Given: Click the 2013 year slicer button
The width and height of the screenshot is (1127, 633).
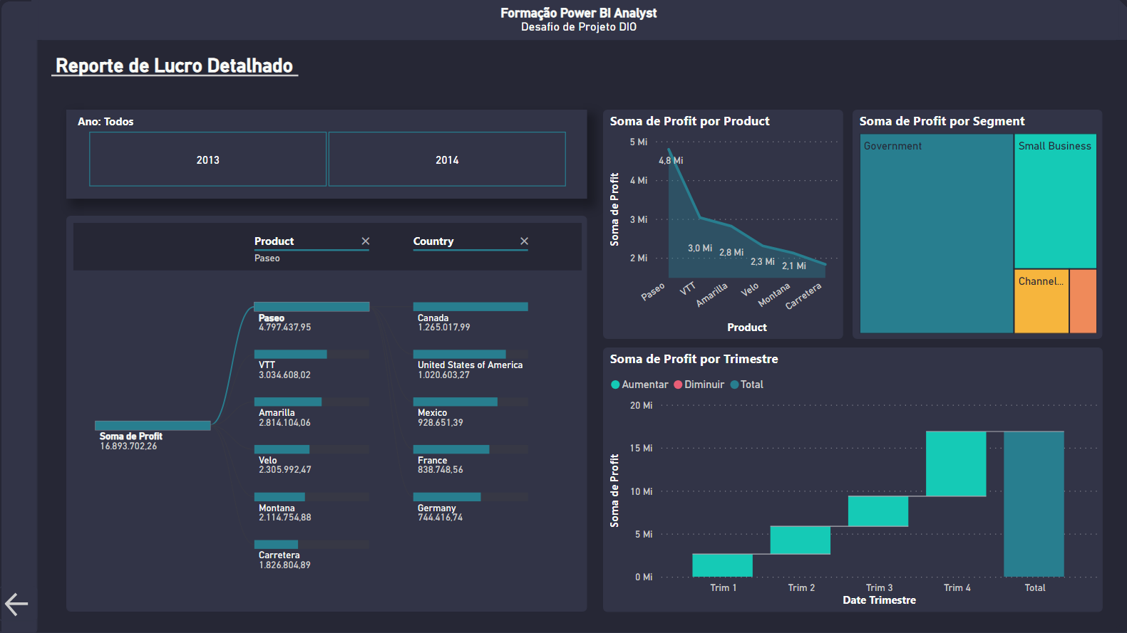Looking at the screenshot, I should pos(207,159).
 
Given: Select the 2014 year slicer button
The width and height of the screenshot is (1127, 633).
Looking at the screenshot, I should pos(447,159).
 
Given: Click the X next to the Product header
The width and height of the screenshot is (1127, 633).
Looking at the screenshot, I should pos(366,241).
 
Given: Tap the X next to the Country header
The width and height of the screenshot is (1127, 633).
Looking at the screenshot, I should pos(525,241).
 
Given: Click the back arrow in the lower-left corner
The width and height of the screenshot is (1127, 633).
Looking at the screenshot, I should pos(16,605).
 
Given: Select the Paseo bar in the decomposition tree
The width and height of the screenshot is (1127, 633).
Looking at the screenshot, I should pos(312,307).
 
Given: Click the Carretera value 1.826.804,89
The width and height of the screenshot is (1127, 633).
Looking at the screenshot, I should pos(284,565).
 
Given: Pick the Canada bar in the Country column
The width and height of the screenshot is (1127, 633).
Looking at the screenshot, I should pos(470,307).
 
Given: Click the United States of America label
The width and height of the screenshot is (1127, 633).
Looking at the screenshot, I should pos(470,365).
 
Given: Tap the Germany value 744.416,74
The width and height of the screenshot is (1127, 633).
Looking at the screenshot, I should pos(440,518).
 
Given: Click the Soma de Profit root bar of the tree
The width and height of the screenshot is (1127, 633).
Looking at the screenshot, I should pos(153,426).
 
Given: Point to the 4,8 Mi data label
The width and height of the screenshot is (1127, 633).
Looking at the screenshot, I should pos(671,161).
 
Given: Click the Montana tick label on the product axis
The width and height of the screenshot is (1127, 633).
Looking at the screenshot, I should pos(774,295).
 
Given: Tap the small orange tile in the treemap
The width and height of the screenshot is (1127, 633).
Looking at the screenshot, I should pos(1083,301).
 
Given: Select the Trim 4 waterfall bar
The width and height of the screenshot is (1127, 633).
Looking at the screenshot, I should pos(956,464).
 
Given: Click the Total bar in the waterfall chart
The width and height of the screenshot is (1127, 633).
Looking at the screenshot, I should pos(1034,503).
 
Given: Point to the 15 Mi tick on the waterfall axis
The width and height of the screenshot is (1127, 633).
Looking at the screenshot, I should pos(641,449).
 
